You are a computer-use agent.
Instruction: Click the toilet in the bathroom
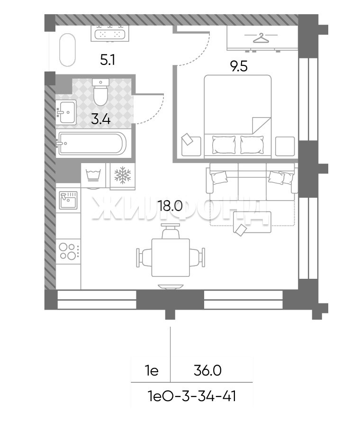tap(100, 92)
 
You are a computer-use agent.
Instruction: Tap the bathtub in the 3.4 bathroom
tap(92, 144)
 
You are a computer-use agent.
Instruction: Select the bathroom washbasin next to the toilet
tap(66, 112)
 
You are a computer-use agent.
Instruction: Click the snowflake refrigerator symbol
tap(123, 175)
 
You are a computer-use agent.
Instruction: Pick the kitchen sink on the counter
tap(68, 200)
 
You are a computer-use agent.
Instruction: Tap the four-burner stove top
tap(68, 251)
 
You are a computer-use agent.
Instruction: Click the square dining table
tap(171, 257)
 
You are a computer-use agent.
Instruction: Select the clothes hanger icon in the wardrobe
tap(261, 38)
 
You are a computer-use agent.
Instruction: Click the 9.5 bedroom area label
tap(239, 66)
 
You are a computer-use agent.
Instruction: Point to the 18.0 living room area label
tap(171, 206)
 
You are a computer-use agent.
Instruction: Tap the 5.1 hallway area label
tap(108, 60)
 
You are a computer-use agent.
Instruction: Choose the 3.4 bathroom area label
tap(100, 119)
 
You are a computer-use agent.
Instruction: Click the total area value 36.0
tap(207, 371)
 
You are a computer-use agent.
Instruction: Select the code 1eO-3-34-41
tap(192, 396)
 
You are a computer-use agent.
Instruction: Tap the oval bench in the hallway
tap(67, 50)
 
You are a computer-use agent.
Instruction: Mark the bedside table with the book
tap(191, 146)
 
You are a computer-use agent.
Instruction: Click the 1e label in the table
tap(152, 371)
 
